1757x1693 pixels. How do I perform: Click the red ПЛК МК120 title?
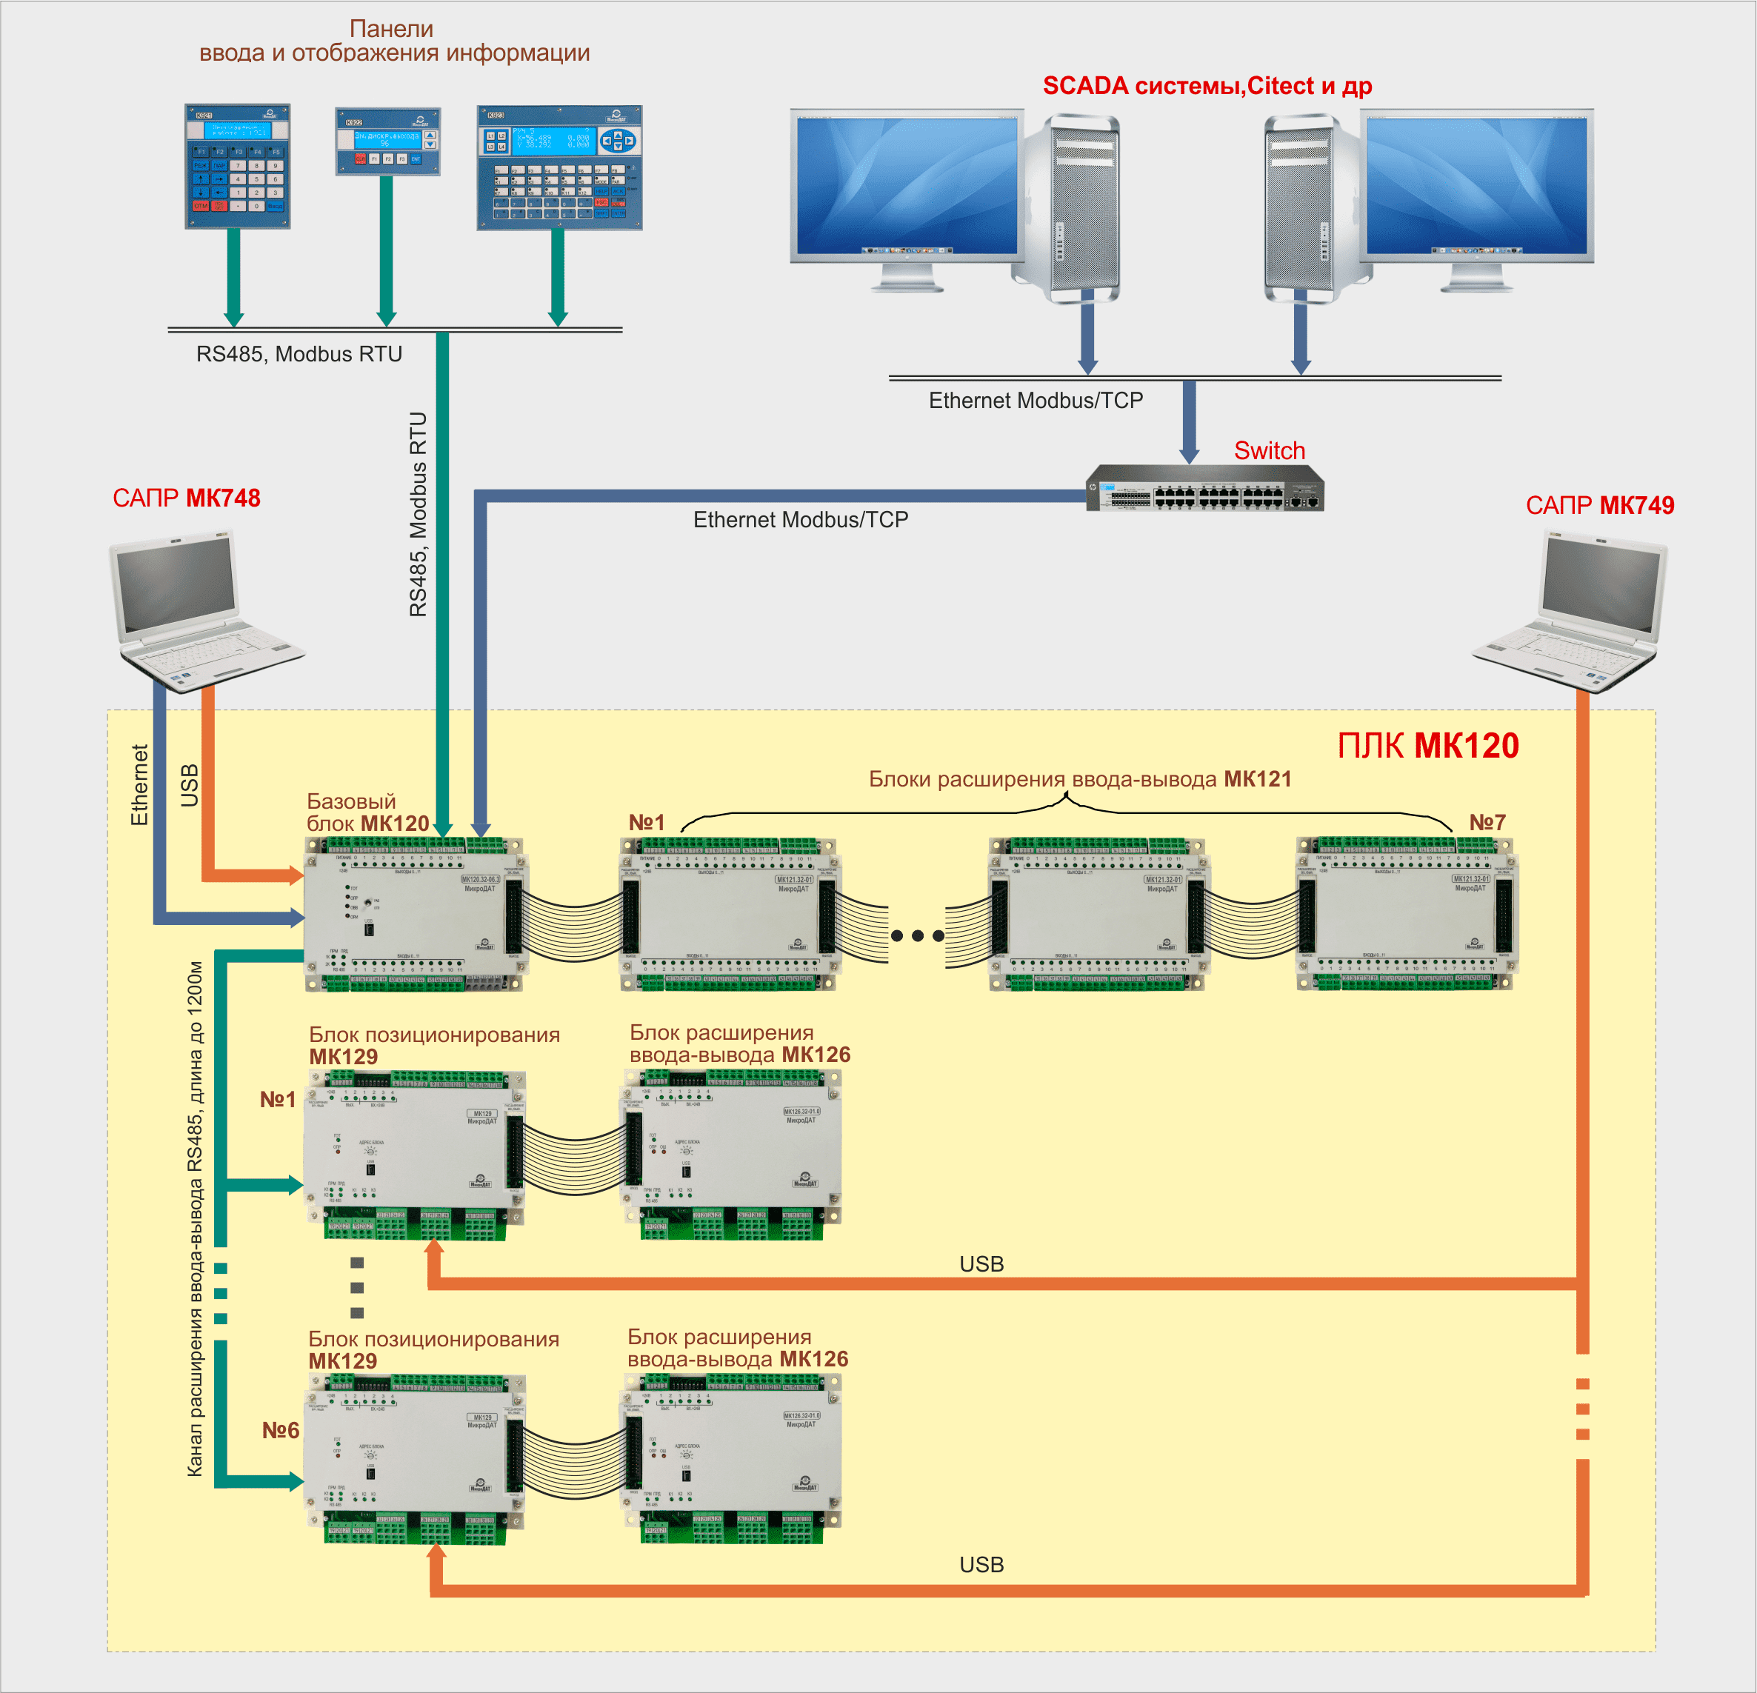(x=1427, y=746)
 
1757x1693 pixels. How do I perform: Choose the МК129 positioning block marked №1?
(x=415, y=1155)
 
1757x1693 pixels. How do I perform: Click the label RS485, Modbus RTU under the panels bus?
(x=299, y=354)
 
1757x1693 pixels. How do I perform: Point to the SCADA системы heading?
(x=1207, y=86)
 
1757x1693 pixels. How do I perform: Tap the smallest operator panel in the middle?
(x=387, y=141)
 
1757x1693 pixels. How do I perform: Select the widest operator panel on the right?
(x=559, y=167)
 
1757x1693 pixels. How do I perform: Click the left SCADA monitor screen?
(x=907, y=186)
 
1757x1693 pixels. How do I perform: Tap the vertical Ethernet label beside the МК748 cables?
(x=139, y=784)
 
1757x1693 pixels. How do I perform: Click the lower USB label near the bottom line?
(x=981, y=1565)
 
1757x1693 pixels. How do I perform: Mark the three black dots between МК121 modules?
(x=917, y=935)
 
